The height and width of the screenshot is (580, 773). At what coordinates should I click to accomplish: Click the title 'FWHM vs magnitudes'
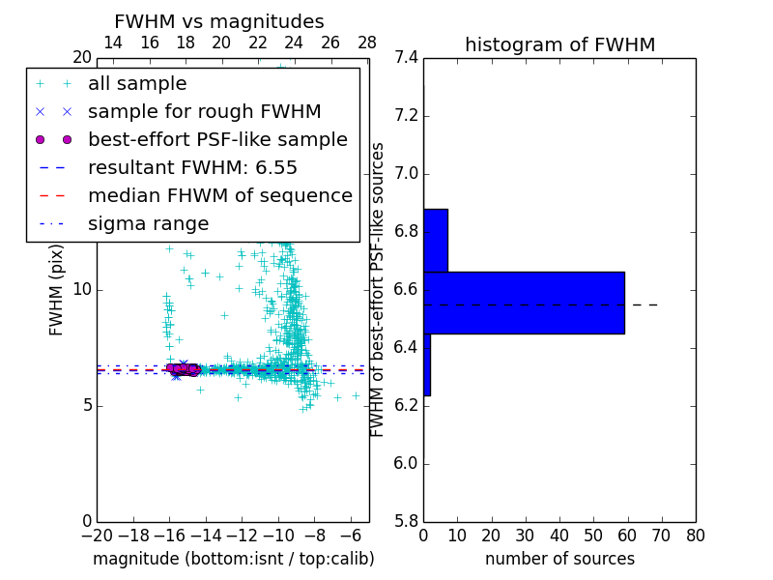(x=218, y=22)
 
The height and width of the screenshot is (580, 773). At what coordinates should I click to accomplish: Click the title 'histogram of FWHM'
(x=559, y=44)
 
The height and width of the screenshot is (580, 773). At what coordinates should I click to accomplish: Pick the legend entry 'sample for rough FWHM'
(x=204, y=112)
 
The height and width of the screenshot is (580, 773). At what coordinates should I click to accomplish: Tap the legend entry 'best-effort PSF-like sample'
(x=217, y=139)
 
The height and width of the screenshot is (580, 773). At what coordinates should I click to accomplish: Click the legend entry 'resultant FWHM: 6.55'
(x=192, y=167)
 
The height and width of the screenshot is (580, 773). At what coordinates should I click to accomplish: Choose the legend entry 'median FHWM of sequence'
(x=219, y=195)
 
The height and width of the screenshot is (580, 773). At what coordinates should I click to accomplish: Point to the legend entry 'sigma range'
(x=148, y=223)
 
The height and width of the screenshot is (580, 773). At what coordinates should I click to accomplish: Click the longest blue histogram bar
(x=524, y=303)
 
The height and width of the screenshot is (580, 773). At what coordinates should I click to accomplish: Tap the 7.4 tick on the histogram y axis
(x=407, y=58)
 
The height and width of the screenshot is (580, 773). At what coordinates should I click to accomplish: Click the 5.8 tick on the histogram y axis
(x=407, y=521)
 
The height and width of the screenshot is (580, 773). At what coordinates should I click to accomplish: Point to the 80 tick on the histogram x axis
(x=695, y=536)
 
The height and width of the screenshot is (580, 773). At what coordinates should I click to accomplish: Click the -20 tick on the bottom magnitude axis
(x=97, y=536)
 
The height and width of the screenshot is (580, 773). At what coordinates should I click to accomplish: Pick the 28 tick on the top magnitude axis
(x=367, y=43)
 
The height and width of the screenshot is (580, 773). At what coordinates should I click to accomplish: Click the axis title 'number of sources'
(x=559, y=560)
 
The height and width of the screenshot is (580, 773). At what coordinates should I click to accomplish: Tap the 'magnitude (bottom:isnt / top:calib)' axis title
(x=233, y=560)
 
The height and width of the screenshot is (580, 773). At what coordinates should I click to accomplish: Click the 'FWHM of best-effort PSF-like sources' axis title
(x=378, y=289)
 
